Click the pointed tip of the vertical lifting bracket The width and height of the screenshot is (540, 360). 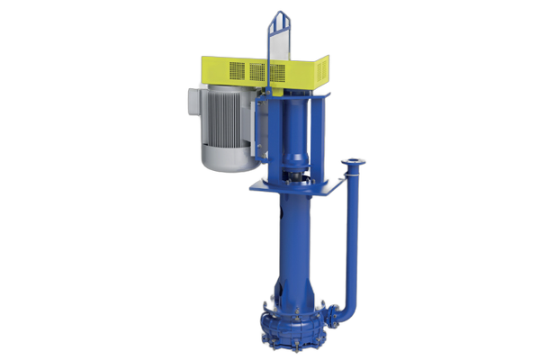(x=279, y=14)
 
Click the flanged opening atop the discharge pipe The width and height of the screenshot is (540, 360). (x=354, y=164)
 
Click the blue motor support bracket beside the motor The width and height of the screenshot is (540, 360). (x=260, y=135)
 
